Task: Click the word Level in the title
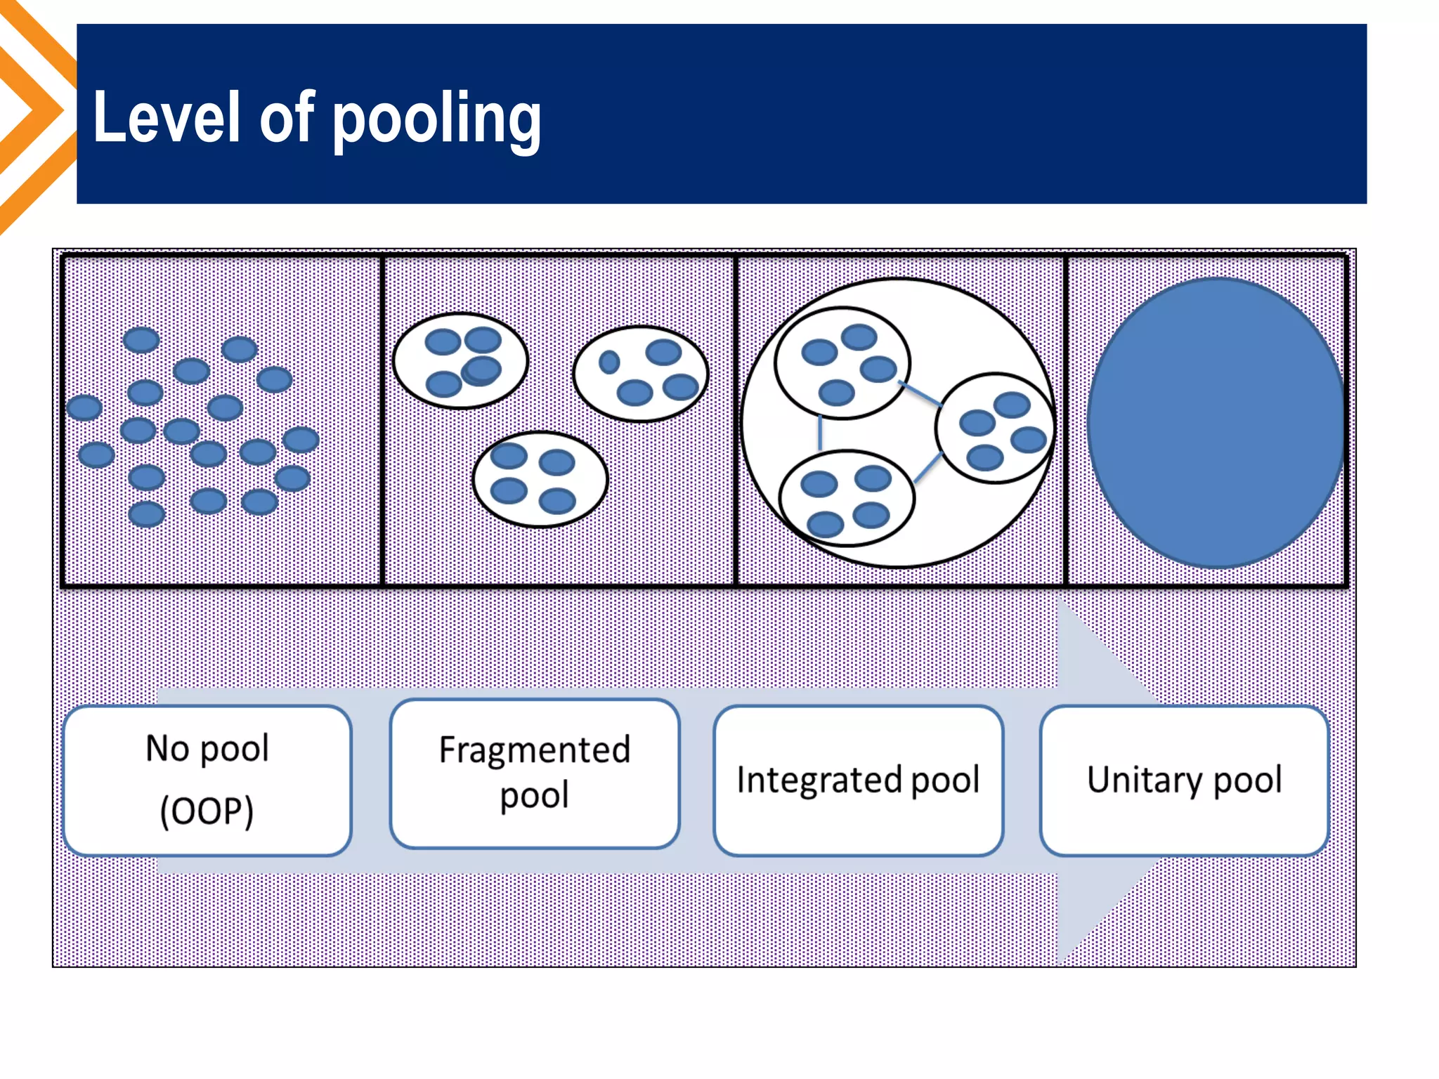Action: (x=167, y=117)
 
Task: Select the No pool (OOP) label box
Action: (x=207, y=780)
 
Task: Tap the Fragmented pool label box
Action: (x=534, y=773)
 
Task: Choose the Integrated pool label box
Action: (x=857, y=780)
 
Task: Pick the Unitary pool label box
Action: (x=1184, y=780)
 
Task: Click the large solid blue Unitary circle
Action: (x=1216, y=422)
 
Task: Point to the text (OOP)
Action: (x=207, y=811)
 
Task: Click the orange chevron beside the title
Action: (x=35, y=112)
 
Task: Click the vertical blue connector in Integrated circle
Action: (x=820, y=433)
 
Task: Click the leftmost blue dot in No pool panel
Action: (x=84, y=407)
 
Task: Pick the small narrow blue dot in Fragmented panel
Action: (x=609, y=362)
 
